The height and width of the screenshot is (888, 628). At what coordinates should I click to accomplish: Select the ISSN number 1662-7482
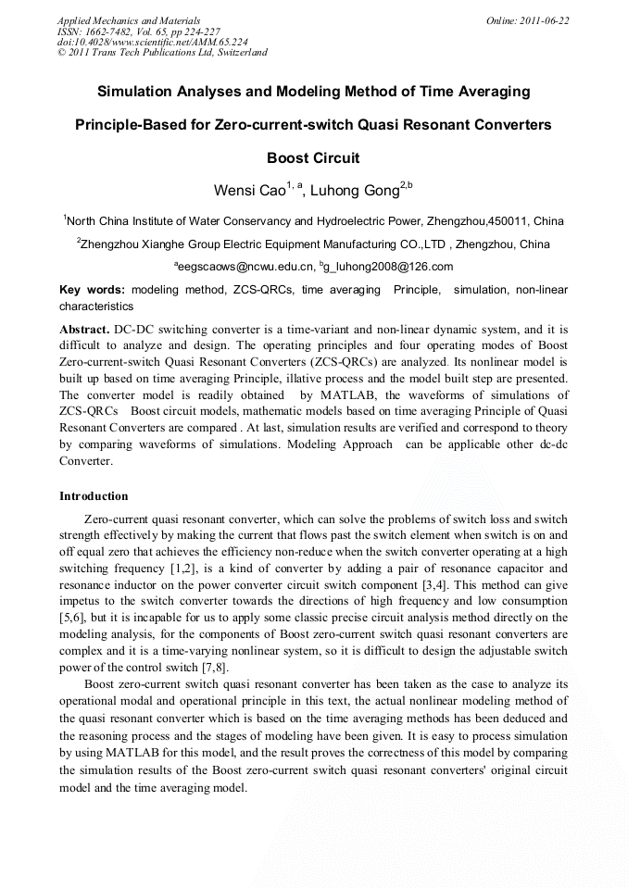(115, 31)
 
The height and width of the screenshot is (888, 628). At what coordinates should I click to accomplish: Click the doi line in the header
(153, 42)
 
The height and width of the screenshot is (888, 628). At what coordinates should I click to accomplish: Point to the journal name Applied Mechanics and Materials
(129, 20)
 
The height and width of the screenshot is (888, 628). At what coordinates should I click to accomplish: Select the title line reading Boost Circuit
(313, 157)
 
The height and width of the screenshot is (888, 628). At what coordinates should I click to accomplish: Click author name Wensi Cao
(246, 192)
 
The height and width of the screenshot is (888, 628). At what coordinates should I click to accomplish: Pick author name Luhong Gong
(353, 192)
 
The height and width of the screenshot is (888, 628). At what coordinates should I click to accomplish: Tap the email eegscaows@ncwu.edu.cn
(246, 267)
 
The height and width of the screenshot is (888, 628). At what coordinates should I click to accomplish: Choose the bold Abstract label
(83, 329)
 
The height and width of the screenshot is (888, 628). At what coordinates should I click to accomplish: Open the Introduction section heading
(94, 496)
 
